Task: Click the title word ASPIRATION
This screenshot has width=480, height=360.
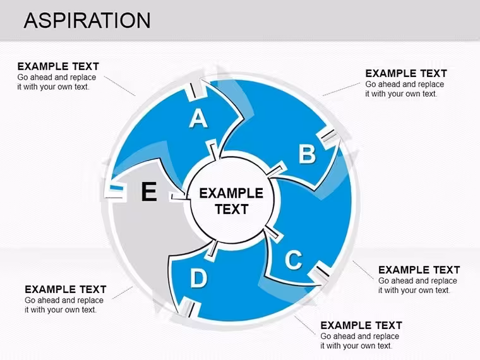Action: pos(87,20)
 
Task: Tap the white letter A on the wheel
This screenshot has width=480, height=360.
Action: pos(198,119)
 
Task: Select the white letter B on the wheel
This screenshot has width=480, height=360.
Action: pos(307,153)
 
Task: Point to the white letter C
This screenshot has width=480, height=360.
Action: pos(294,260)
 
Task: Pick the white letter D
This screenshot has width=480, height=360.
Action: pos(199,278)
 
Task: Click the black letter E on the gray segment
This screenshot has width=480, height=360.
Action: pos(149,191)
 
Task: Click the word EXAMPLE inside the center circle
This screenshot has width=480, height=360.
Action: pos(231,193)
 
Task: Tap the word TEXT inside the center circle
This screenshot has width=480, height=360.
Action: pos(231,210)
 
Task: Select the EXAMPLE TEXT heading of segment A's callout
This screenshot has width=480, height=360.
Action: pos(58,66)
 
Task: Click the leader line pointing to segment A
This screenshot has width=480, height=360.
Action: pos(120,86)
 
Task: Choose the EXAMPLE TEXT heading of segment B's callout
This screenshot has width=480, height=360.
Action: pos(406,73)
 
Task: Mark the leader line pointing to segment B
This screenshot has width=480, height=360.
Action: pos(340,89)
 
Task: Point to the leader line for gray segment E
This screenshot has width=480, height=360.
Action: pos(123,292)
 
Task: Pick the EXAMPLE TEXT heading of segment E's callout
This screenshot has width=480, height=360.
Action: pos(66,289)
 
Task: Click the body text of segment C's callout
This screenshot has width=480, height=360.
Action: pos(417,285)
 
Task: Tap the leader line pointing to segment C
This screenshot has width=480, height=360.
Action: pos(363,270)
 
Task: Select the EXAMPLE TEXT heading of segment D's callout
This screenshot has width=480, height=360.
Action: pos(361,325)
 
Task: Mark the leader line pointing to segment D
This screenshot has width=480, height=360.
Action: pos(305,325)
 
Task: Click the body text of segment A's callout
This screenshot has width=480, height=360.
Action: pos(57,82)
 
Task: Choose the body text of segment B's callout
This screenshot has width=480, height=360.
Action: pos(405,89)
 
